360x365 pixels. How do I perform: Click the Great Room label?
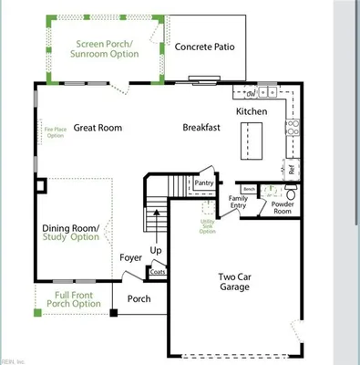[98, 128]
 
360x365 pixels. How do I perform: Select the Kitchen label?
[252, 110]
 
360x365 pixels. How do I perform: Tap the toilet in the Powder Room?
[291, 193]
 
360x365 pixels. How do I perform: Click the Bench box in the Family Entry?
[249, 189]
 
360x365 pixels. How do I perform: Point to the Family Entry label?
[238, 203]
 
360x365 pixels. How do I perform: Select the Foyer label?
[131, 257]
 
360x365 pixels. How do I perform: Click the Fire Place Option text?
[55, 133]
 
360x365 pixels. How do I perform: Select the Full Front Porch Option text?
[71, 298]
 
